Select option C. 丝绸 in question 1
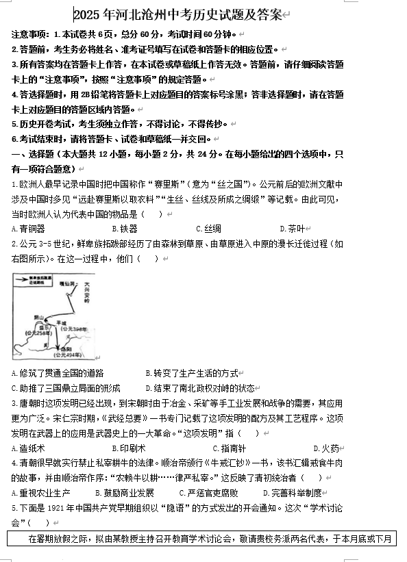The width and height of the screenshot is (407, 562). [208, 229]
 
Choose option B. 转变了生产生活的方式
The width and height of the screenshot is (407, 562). [192, 373]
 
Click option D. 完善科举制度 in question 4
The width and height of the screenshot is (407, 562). [293, 493]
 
